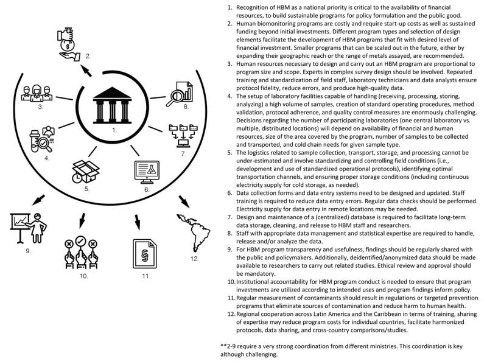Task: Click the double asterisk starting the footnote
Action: coord(224,345)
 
